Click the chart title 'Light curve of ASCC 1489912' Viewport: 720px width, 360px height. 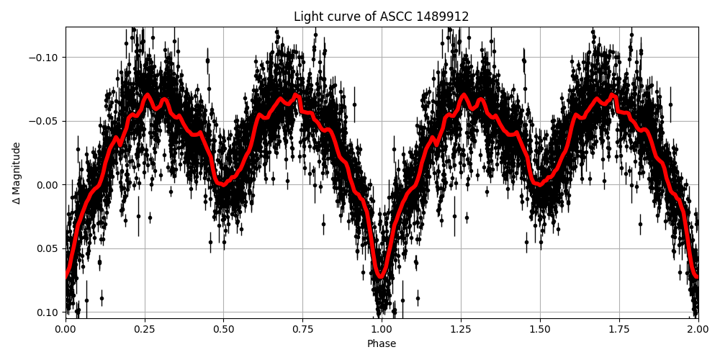[x=381, y=17]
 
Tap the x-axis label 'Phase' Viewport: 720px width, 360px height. [x=382, y=343]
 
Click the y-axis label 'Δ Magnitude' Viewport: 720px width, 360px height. [x=17, y=173]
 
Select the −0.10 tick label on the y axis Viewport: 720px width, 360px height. [x=45, y=57]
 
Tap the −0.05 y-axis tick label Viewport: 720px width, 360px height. [x=45, y=121]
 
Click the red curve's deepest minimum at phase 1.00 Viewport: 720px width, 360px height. [x=381, y=276]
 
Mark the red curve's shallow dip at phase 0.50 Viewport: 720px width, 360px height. [x=223, y=184]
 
